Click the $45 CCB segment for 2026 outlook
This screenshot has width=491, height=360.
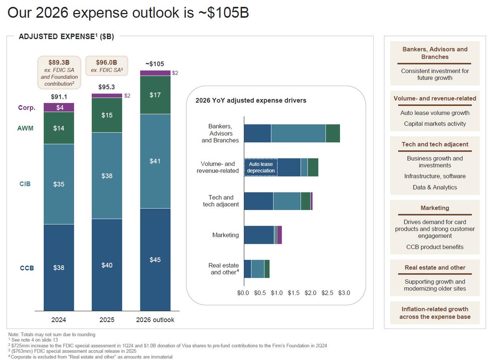tap(155, 260)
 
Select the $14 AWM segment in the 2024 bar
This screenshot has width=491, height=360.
tap(59, 128)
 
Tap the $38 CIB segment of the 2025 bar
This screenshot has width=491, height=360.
tap(107, 176)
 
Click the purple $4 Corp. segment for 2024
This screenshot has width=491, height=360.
tap(59, 107)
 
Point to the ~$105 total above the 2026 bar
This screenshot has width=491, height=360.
tap(155, 64)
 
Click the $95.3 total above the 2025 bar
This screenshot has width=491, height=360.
tap(107, 87)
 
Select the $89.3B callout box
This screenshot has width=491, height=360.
tap(59, 73)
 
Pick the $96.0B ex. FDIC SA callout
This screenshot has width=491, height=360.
tap(107, 66)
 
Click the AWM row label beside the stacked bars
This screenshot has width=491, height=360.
tap(25, 128)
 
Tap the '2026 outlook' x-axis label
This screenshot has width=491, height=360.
tap(155, 320)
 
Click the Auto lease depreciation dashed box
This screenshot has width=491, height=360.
tap(261, 167)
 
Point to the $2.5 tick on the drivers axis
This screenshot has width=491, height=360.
tap(327, 293)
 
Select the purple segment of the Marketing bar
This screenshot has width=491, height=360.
tap(279, 235)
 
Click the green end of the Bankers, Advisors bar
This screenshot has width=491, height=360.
tap(333, 134)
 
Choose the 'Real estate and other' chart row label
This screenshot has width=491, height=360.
tap(224, 269)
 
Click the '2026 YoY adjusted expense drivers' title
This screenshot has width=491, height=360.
tap(251, 101)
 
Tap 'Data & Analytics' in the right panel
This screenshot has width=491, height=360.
tap(435, 187)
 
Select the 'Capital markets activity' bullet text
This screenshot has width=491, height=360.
tap(435, 124)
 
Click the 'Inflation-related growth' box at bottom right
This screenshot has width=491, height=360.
tap(435, 313)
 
